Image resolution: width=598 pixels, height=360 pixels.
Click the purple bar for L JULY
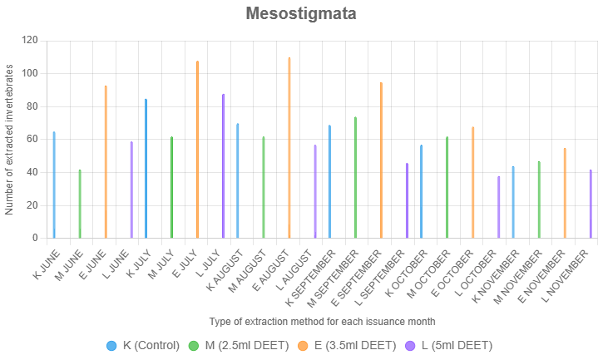223,166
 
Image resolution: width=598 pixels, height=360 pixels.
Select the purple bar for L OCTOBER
499,207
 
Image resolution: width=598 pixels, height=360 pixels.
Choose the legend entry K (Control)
143,345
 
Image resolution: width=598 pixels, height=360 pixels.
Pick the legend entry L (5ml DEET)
449,345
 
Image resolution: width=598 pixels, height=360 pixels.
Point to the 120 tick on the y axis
30,40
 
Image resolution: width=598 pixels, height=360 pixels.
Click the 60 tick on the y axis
32,139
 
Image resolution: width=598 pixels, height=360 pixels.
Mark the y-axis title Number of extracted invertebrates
9,139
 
